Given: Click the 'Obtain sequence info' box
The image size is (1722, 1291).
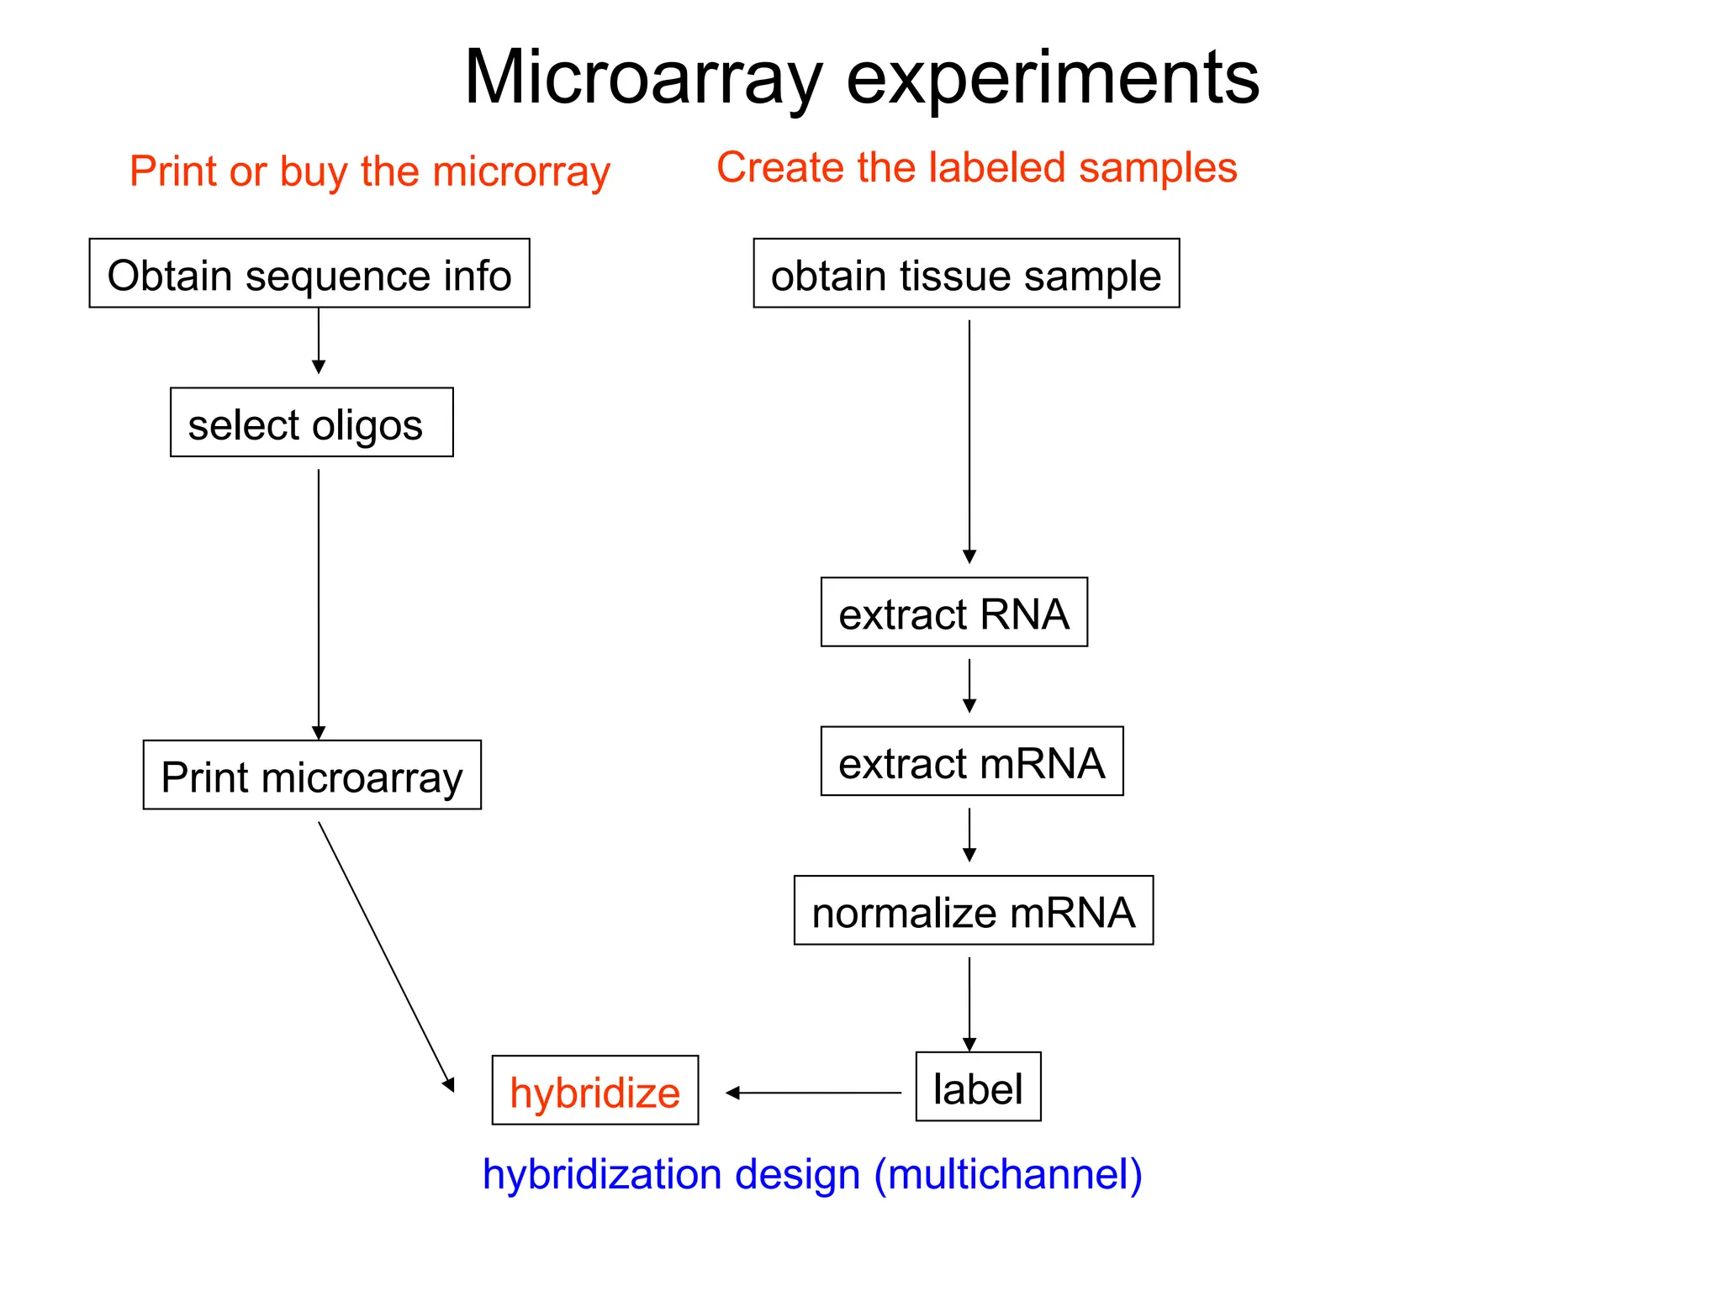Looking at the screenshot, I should tap(309, 274).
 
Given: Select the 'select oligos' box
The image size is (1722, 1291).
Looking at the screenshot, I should tap(311, 423).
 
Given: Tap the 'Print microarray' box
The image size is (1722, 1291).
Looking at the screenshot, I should tap(312, 775).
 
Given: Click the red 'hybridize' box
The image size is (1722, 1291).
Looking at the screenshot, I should tap(594, 1090).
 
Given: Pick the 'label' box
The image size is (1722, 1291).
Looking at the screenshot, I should tap(978, 1087).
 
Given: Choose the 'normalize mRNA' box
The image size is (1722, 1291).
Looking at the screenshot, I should tap(973, 910).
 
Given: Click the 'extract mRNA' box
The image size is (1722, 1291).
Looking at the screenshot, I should tap(971, 761).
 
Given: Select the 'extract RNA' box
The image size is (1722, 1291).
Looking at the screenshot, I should tap(953, 612).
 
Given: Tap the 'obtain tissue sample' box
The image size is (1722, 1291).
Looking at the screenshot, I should tap(966, 274).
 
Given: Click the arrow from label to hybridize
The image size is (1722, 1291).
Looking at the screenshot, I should tap(814, 1093).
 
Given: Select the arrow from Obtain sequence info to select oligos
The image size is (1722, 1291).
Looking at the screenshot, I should tap(319, 340).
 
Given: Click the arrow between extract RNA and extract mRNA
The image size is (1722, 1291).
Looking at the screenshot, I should tap(969, 685).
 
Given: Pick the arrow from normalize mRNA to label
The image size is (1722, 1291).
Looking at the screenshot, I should tap(969, 1003).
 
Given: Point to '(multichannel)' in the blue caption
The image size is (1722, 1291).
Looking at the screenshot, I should tap(1008, 1174).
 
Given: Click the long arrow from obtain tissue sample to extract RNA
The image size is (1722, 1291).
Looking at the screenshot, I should tap(969, 441).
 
